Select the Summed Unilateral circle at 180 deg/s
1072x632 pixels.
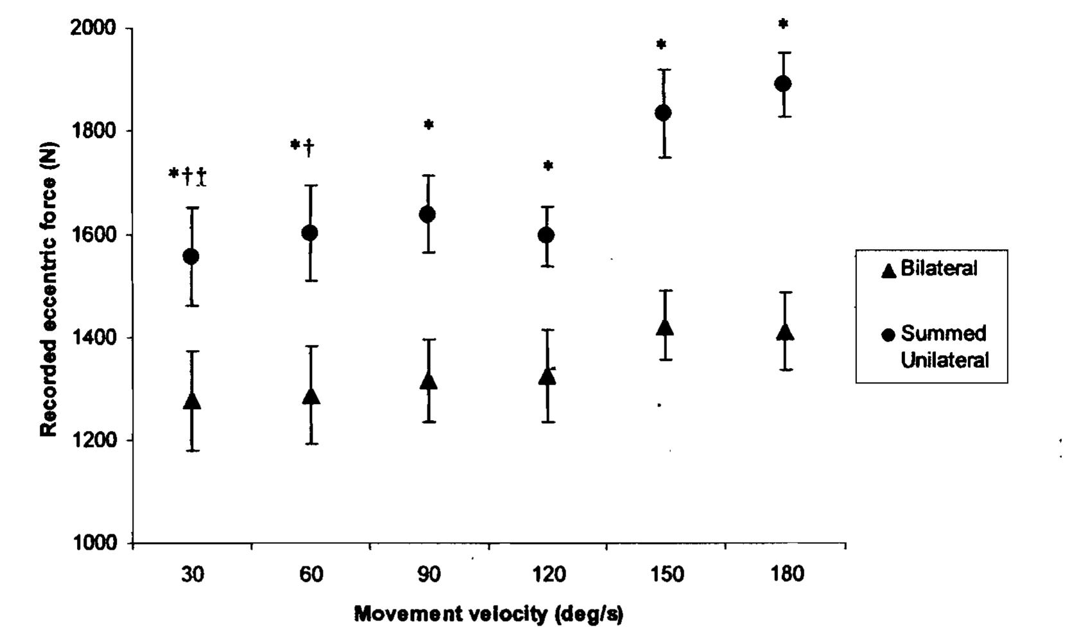pos(782,83)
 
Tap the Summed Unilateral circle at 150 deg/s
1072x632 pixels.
pos(663,112)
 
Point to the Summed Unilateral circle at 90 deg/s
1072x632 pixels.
pos(428,214)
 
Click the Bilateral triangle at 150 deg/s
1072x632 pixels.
pos(665,327)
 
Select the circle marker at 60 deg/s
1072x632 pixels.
pos(309,233)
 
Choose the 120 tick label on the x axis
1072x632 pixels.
pos(549,574)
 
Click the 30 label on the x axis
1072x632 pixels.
pos(192,574)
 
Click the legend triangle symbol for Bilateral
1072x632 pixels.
pos(888,270)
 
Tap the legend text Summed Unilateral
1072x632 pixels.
pos(944,347)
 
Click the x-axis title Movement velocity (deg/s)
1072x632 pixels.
pos(488,615)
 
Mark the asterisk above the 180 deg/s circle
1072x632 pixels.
pos(783,24)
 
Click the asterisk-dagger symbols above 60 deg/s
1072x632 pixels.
pos(302,146)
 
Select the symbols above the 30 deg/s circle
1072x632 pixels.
pos(187,175)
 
